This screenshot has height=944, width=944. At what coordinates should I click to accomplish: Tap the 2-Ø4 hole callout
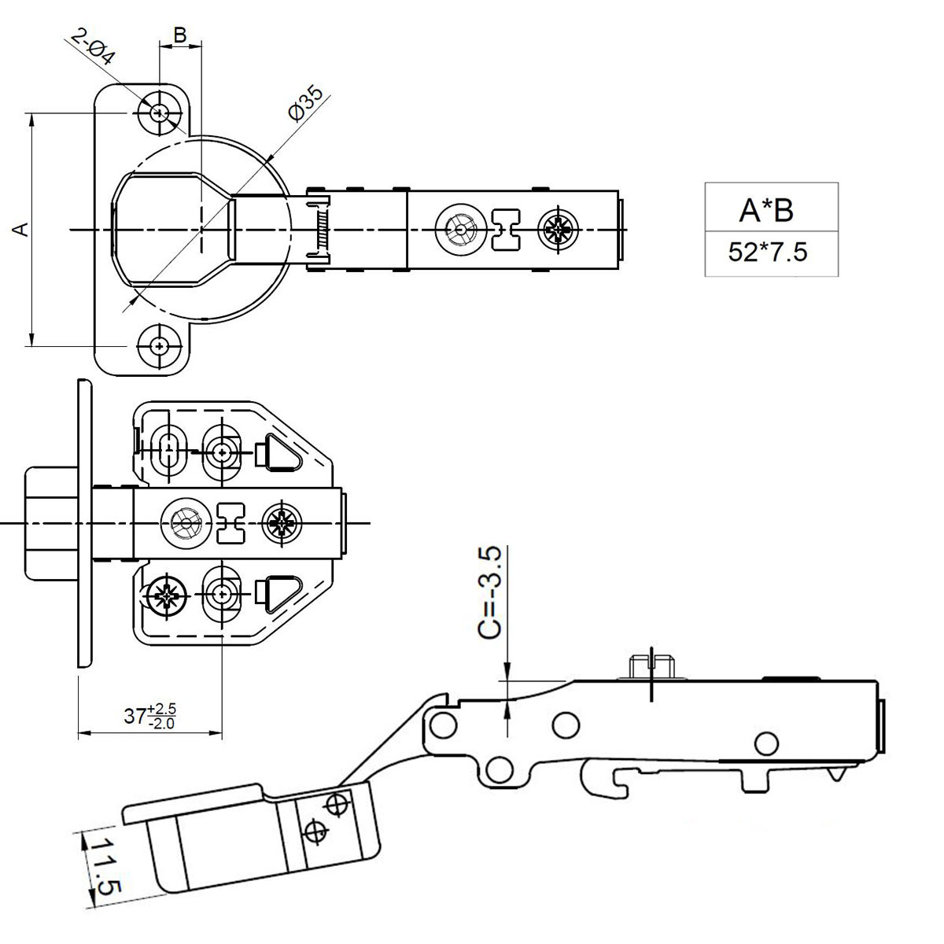click(x=93, y=47)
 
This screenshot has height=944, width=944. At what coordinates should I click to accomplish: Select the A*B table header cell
click(x=766, y=209)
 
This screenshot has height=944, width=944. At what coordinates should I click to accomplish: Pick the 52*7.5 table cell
click(x=767, y=253)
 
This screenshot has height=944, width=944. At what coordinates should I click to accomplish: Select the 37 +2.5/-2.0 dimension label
click(x=149, y=716)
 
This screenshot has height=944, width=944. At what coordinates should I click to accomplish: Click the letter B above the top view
click(x=179, y=35)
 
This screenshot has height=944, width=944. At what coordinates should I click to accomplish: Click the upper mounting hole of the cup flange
click(x=160, y=112)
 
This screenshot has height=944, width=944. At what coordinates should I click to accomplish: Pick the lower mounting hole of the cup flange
click(x=160, y=345)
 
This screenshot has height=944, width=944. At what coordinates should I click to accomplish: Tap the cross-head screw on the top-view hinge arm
click(x=558, y=230)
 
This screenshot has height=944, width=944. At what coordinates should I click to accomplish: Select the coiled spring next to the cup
click(x=319, y=230)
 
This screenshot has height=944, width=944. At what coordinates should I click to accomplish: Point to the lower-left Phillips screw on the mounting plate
click(x=168, y=596)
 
